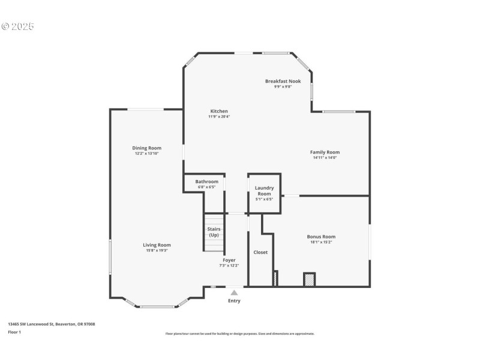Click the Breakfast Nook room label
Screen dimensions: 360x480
point(283,81)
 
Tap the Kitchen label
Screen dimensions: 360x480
point(219,111)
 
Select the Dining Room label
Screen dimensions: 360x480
point(147,148)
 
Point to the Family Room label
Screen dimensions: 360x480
point(325,152)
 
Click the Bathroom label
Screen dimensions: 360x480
point(206,182)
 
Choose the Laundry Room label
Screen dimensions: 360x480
point(264,191)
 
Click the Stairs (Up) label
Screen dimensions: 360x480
point(214,232)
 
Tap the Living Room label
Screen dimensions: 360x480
point(157,245)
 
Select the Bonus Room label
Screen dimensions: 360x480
point(321,237)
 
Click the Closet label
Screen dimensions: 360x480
point(260,252)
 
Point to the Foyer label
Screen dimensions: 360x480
point(229,260)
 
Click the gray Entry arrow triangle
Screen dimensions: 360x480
point(234,293)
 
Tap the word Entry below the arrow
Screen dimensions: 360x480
point(234,301)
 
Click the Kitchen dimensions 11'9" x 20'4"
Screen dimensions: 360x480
point(219,116)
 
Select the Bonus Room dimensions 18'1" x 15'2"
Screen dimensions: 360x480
point(321,242)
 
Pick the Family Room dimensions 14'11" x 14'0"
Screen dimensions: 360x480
point(325,158)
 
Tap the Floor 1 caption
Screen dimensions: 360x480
point(14,332)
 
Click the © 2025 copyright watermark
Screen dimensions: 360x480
point(18,26)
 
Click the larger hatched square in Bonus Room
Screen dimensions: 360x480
point(309,280)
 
